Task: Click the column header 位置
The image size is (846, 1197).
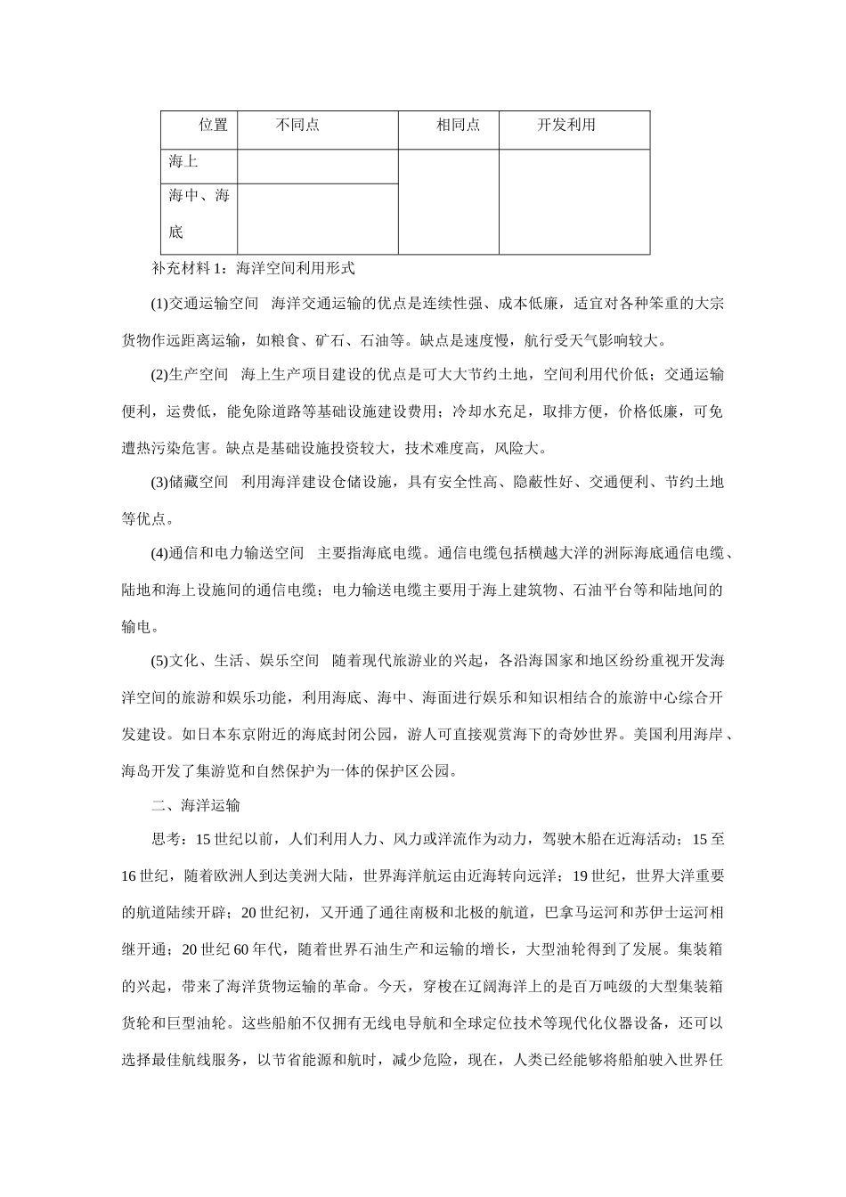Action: click(213, 126)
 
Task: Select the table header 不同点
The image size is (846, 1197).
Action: click(297, 126)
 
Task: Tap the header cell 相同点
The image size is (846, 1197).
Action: click(458, 126)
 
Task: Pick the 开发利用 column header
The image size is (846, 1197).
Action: click(565, 126)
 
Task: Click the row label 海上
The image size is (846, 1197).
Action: click(183, 162)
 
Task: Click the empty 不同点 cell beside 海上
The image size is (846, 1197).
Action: click(317, 167)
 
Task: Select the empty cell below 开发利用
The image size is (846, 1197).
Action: click(573, 201)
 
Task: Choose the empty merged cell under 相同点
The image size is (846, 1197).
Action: click(448, 201)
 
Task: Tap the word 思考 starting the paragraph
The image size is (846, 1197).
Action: click(166, 840)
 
